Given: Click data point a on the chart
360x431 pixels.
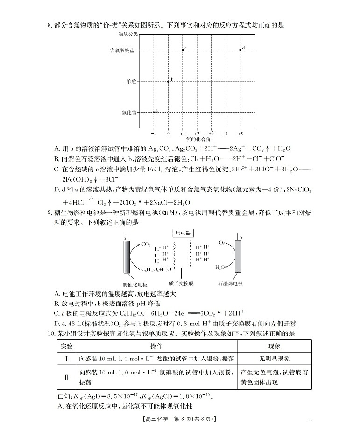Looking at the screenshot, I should (154, 112).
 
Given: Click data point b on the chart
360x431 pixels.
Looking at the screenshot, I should (169, 81).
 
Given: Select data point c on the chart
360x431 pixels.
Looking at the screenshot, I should (183, 50).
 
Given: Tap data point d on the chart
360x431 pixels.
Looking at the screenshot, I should (240, 49).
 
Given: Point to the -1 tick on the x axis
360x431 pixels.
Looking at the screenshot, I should (154, 133).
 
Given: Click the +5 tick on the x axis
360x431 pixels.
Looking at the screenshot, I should (240, 133).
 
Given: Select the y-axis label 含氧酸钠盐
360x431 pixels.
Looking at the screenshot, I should (122, 50).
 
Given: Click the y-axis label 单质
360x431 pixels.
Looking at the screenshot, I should (130, 81).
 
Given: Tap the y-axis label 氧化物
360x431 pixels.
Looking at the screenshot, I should (128, 113).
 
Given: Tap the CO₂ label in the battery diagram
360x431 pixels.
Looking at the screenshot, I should (146, 244).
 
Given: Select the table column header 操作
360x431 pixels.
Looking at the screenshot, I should (156, 346).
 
